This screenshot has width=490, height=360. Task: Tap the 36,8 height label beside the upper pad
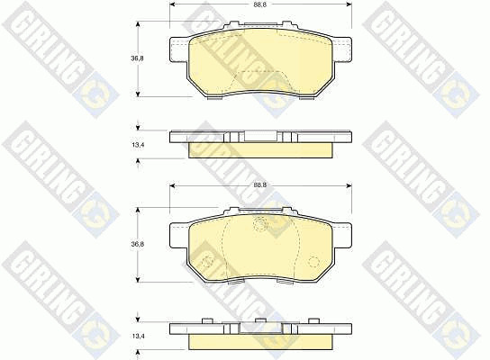(x=137, y=58)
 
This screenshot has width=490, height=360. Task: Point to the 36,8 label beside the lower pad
(x=137, y=245)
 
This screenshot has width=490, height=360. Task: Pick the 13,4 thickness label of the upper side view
(x=137, y=145)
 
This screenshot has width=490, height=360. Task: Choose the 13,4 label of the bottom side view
(x=137, y=337)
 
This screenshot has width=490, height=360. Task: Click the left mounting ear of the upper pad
(x=179, y=49)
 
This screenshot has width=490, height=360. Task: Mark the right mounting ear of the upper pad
(x=343, y=49)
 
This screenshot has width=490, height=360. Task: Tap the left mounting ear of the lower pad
(x=179, y=236)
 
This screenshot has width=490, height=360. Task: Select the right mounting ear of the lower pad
(x=343, y=236)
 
